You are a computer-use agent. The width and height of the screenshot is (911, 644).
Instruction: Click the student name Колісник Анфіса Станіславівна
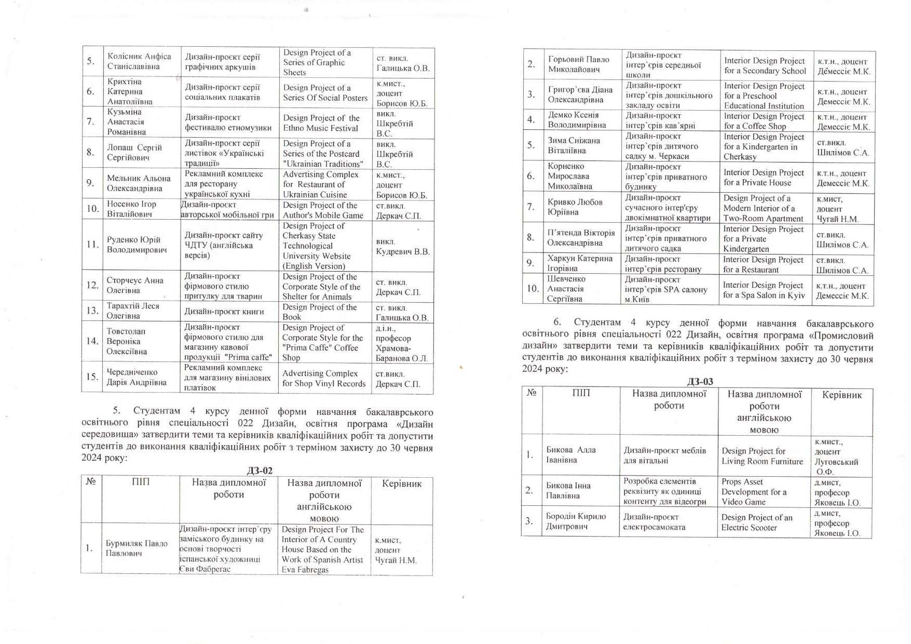(x=139, y=61)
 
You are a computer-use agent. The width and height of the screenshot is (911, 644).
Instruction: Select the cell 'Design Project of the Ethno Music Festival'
(x=321, y=123)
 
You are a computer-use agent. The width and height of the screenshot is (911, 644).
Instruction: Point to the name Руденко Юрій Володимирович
(x=137, y=245)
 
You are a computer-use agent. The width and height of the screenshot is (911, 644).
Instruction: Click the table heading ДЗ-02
(x=259, y=471)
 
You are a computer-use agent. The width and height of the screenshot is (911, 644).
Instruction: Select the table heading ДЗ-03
(x=700, y=382)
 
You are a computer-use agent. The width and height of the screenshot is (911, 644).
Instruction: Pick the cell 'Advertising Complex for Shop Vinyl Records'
(x=324, y=378)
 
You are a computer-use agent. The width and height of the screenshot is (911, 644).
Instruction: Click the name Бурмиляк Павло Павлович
(x=136, y=548)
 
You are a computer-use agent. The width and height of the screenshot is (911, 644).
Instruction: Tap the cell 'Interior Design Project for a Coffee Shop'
(x=764, y=121)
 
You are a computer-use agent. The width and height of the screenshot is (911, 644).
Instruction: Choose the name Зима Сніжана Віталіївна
(x=574, y=145)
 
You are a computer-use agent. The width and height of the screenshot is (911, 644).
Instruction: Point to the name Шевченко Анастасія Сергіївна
(x=569, y=289)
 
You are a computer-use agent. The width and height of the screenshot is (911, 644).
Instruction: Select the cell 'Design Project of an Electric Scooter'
(x=756, y=522)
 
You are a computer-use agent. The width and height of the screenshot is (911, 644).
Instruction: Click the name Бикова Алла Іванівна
(x=570, y=454)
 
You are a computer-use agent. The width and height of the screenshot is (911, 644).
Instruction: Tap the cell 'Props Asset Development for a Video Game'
(x=754, y=491)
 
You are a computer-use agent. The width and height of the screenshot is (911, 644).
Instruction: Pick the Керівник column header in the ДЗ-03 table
(x=841, y=395)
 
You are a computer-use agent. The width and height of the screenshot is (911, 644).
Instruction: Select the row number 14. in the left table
(x=92, y=341)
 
